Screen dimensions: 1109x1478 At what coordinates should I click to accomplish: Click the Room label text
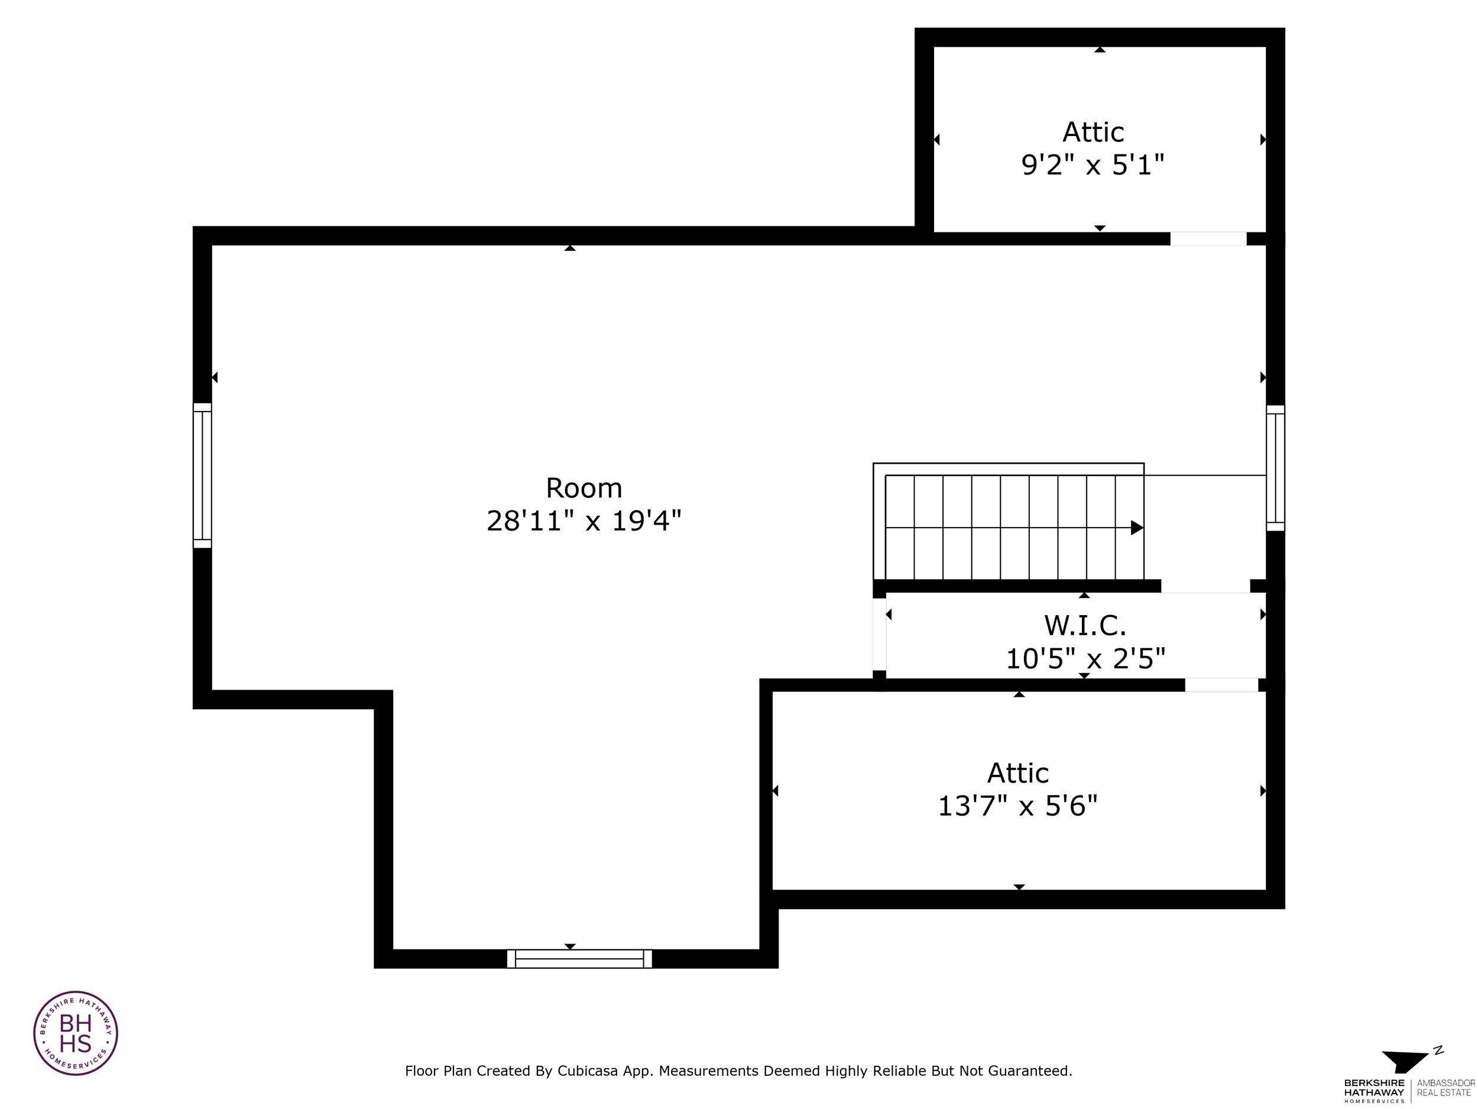point(584,489)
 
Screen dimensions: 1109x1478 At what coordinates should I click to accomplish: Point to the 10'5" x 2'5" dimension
point(1085,659)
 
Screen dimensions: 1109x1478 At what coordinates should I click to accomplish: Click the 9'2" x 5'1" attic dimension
point(1093,164)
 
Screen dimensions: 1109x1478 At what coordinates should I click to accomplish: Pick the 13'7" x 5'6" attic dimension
point(1017,806)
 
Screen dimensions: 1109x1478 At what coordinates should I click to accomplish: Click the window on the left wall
point(202,476)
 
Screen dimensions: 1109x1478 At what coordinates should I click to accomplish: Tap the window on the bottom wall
point(579,959)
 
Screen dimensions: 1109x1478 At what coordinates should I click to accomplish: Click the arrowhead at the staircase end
point(1136,528)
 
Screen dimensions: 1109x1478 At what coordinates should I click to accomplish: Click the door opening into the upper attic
point(1207,238)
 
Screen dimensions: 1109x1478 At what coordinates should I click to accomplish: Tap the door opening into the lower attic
point(1221,685)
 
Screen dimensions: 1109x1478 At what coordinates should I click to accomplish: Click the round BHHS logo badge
point(76,1033)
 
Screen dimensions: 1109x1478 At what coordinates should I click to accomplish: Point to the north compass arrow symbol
point(1406,1061)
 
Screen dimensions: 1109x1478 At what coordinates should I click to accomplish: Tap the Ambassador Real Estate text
point(1445,1087)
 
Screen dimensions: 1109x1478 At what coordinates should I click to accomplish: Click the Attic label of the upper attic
point(1093,132)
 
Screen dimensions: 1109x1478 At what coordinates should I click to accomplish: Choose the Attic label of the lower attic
point(1017,774)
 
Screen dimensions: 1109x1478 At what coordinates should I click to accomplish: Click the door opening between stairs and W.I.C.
point(1205,586)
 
